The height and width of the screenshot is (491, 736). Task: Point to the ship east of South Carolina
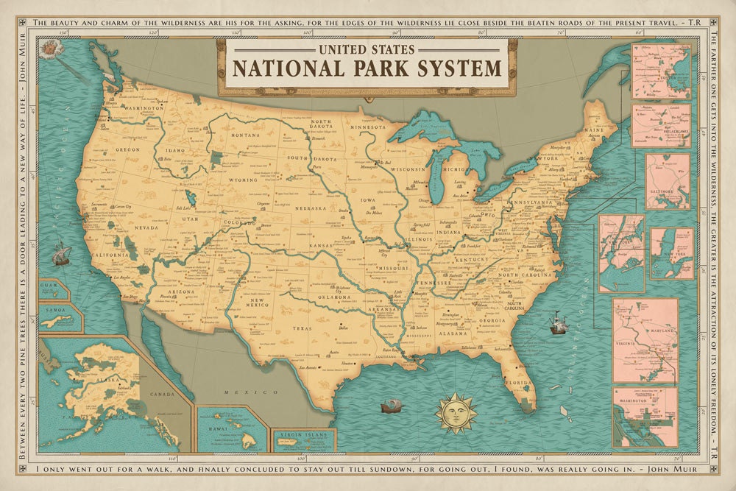pyautogui.click(x=557, y=322)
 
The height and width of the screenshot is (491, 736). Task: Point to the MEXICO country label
pyautogui.click(x=241, y=394)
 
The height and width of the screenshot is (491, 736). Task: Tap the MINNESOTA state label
pyautogui.click(x=368, y=127)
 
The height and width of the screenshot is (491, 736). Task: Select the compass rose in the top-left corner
pyautogui.click(x=50, y=50)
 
